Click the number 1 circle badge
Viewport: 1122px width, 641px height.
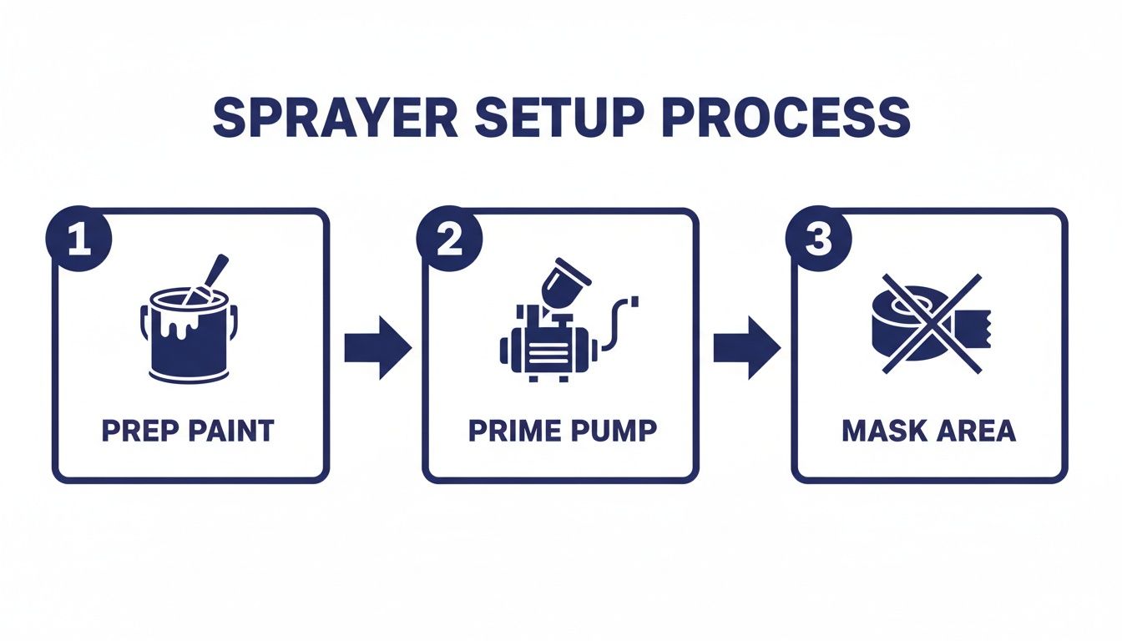point(78,240)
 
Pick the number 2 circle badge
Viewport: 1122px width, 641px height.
point(448,240)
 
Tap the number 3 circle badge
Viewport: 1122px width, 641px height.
point(818,240)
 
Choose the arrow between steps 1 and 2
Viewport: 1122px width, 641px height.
point(377,346)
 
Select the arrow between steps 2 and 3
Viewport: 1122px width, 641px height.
point(746,346)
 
